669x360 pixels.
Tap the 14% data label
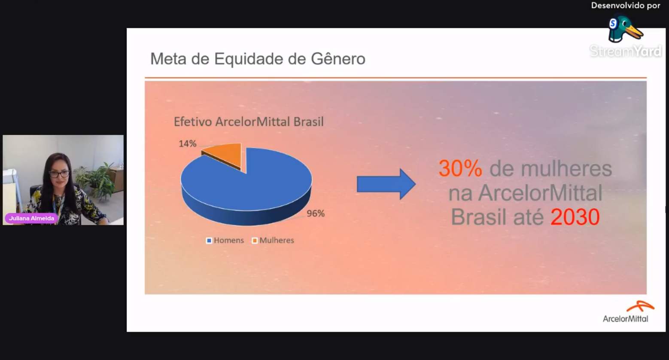click(x=188, y=144)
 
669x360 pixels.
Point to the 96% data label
click(x=316, y=214)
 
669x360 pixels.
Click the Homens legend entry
click(x=225, y=240)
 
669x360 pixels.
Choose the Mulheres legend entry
click(x=273, y=240)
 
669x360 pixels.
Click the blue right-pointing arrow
click(x=386, y=184)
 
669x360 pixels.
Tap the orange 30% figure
click(x=460, y=168)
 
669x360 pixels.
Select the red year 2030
click(x=575, y=217)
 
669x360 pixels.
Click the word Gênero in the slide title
click(x=338, y=58)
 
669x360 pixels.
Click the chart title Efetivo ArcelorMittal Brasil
click(x=249, y=122)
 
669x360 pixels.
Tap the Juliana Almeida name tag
click(x=31, y=218)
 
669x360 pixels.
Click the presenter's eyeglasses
click(x=59, y=174)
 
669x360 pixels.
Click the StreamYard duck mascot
click(x=625, y=29)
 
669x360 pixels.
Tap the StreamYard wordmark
click(x=625, y=51)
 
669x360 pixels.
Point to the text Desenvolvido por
click(x=626, y=6)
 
